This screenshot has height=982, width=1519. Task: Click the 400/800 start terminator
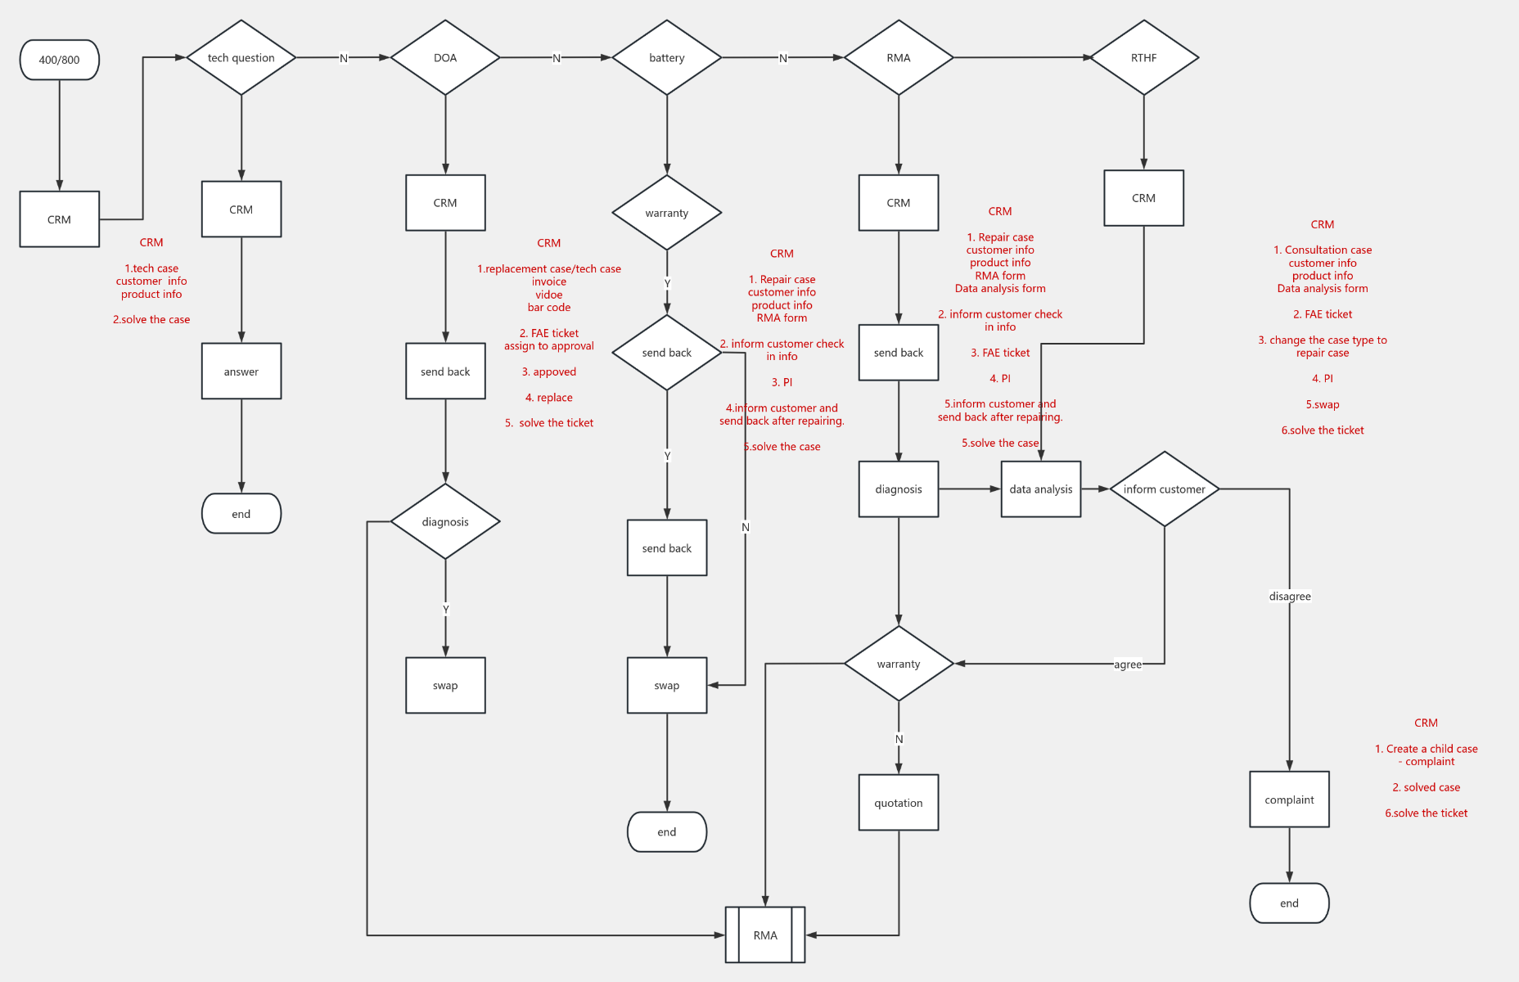59,60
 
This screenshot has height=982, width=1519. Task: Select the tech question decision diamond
241,58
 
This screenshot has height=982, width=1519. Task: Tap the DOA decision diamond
445,58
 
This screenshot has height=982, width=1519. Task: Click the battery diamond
666,58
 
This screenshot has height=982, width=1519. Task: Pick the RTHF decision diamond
1143,58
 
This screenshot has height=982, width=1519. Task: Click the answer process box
241,372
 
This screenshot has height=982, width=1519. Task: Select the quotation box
898,803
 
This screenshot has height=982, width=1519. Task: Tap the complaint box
1289,800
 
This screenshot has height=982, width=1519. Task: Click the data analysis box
1040,489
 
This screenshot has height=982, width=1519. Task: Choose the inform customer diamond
1164,489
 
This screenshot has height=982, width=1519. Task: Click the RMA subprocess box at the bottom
765,935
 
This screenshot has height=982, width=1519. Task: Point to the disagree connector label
1290,597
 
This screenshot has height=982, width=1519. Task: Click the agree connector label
1127,664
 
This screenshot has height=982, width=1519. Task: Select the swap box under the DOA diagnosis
445,686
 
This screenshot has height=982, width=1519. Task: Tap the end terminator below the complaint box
1289,903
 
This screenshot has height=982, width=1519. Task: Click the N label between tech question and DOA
344,58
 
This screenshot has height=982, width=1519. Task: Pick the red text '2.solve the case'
151,320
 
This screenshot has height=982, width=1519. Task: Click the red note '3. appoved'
549,372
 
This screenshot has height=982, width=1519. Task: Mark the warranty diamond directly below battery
666,213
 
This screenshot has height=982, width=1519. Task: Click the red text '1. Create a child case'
1426,749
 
